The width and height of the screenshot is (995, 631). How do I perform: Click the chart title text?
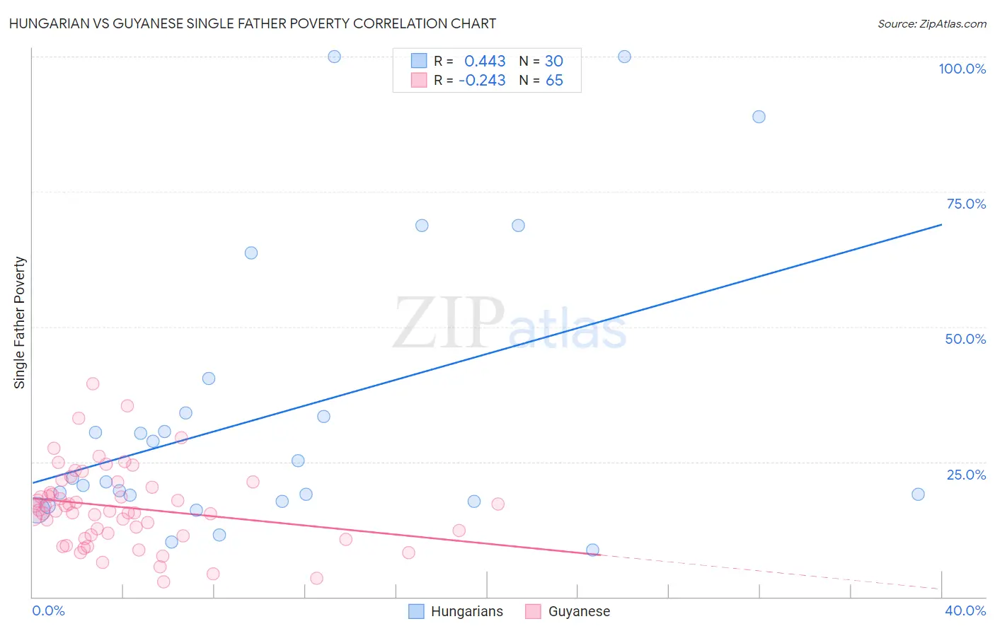click(253, 23)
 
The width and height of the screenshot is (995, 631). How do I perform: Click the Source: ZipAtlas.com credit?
click(931, 23)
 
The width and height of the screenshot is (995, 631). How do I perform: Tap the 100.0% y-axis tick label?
click(962, 69)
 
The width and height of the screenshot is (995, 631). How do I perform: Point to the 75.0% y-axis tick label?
click(966, 204)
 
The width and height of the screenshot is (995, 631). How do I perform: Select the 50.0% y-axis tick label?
click(965, 339)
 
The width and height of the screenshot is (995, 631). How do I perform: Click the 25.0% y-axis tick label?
click(966, 474)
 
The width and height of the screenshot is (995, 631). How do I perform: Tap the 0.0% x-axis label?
click(48, 610)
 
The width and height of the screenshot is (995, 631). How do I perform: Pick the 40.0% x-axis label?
click(965, 610)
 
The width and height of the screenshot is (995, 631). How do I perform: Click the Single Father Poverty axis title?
click(20, 323)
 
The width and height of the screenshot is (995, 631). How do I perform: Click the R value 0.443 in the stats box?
click(485, 61)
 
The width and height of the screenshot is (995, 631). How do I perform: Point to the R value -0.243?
click(482, 81)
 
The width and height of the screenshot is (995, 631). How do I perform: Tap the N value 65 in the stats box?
click(554, 81)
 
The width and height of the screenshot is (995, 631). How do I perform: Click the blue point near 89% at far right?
click(759, 117)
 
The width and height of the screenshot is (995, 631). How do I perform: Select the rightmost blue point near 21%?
click(918, 494)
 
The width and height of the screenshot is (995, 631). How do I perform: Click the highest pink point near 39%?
click(93, 384)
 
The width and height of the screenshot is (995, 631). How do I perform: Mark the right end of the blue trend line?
click(941, 224)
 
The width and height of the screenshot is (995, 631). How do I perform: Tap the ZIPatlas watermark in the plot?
click(510, 323)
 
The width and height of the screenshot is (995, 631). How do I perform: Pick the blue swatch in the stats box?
click(419, 61)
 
